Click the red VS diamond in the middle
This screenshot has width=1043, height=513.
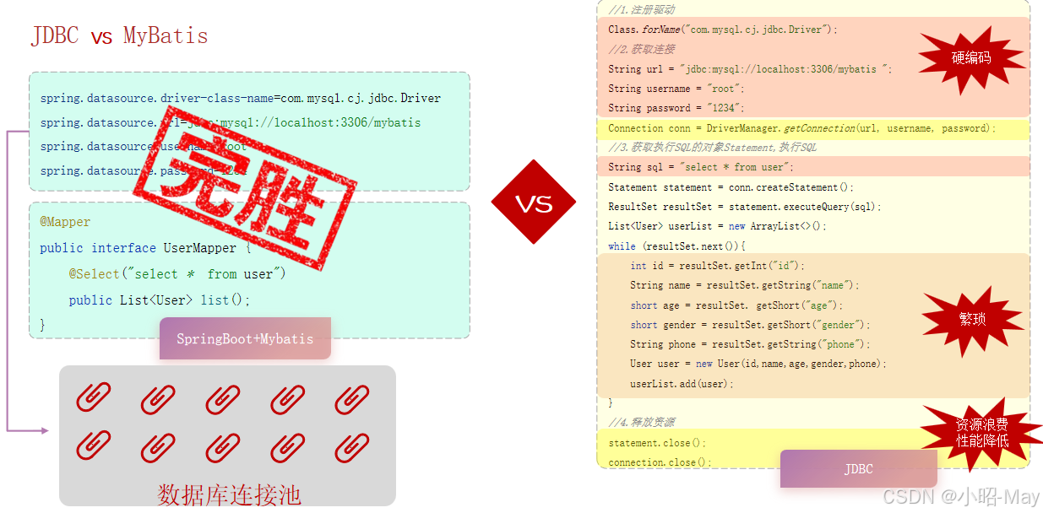[x=533, y=203]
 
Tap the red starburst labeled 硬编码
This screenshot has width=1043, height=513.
[x=971, y=57]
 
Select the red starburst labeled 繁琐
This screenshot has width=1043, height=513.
[x=972, y=319]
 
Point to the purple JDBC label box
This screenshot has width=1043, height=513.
[x=858, y=468]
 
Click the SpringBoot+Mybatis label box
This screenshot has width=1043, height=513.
[x=245, y=338]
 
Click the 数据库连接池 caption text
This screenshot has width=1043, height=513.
[x=229, y=494]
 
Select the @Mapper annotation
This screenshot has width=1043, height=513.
[x=65, y=222]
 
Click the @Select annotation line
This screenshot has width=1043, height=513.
[x=177, y=274]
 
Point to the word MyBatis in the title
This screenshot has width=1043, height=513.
[x=166, y=36]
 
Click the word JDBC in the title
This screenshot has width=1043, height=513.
[x=55, y=36]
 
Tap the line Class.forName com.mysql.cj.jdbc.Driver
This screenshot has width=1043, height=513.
[x=722, y=30]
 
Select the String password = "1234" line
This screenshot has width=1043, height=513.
[x=676, y=108]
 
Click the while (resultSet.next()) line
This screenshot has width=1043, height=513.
[x=676, y=246]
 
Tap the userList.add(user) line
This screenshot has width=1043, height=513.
[x=682, y=383]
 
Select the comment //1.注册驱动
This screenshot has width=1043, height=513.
[x=641, y=9]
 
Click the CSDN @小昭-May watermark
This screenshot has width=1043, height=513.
[x=960, y=497]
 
